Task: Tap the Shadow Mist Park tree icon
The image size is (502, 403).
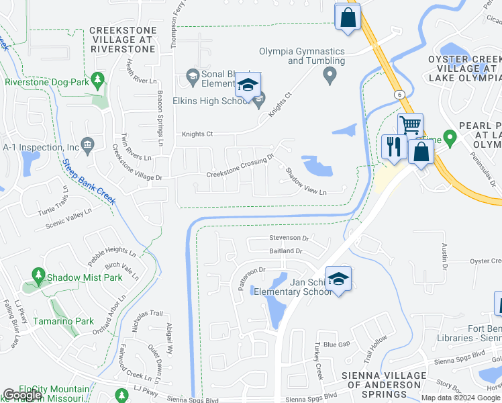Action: pos(39,276)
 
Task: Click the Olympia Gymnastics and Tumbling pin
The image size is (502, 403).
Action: pos(329,78)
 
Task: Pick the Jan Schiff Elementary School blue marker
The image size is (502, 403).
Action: pos(340,279)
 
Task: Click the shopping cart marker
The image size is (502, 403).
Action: pos(410,125)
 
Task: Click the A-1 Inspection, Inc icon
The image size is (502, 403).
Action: pos(87,145)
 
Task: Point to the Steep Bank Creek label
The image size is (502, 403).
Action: pos(89,181)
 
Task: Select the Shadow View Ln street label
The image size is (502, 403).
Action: pos(306,182)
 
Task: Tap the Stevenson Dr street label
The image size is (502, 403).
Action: pos(289,238)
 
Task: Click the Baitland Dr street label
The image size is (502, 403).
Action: pos(286,251)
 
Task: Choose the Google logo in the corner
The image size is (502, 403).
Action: pos(23,395)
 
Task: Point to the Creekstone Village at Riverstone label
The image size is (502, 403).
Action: pos(123,40)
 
